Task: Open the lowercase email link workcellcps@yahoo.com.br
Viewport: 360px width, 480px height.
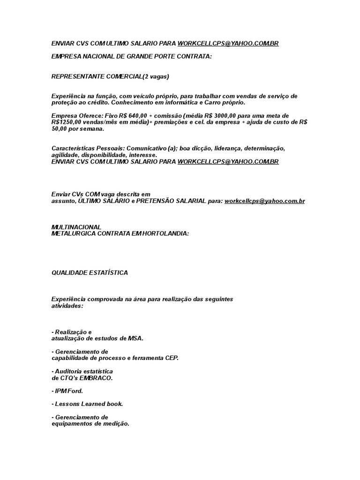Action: tap(265, 201)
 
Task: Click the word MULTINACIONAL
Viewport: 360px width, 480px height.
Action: tap(76, 227)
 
